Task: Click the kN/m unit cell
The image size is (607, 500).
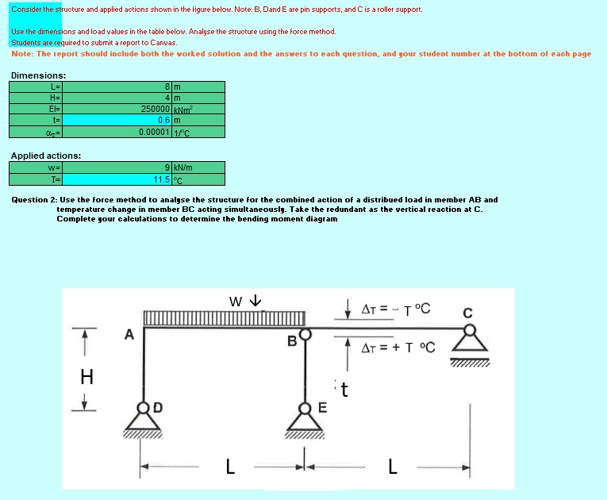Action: coord(183,167)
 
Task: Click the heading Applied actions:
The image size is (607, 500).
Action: coord(45,156)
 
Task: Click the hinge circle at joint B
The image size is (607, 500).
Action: coord(305,334)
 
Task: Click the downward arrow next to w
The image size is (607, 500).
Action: coord(255,301)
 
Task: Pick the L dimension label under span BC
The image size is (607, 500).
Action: coord(392,467)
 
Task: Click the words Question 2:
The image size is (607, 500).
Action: coord(33,200)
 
